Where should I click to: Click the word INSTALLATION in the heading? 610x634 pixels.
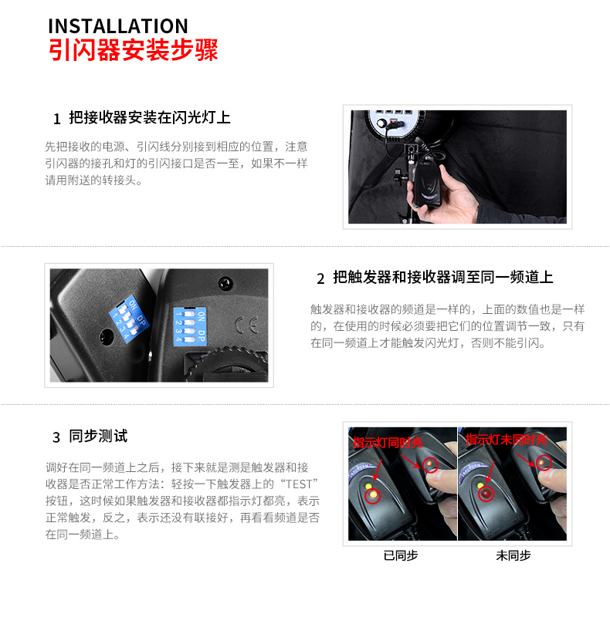pos(117,25)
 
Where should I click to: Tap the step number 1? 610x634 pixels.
pos(56,119)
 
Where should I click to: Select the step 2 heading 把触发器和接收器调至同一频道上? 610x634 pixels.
pos(443,278)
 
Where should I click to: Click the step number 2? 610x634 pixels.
pos(320,278)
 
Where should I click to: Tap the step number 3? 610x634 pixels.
pos(56,437)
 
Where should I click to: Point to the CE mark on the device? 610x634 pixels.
pos(250,323)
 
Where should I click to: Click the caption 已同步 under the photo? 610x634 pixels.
pos(401,555)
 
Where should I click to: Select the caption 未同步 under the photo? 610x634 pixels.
pos(513,555)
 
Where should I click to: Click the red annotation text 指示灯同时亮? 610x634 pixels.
pos(388,443)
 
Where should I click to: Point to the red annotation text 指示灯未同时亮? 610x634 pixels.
pos(506,440)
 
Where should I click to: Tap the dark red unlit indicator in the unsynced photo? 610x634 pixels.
pos(544,464)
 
